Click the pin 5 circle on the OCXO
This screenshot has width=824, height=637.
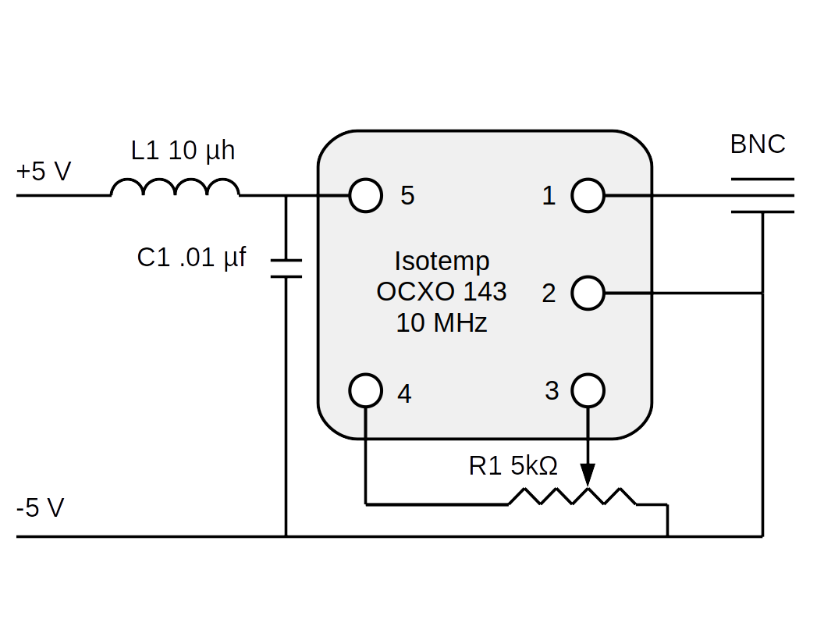pos(365,196)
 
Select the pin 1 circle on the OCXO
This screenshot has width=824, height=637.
pos(588,196)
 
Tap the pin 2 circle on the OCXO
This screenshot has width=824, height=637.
pos(588,294)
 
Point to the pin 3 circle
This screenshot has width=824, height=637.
pos(588,390)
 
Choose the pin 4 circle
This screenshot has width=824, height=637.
pos(365,390)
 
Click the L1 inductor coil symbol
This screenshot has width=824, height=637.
pos(175,188)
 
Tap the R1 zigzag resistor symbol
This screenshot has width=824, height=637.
pos(573,497)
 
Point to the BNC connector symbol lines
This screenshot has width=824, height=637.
pos(762,195)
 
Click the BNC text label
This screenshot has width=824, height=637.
pos(758,144)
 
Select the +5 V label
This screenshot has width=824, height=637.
pos(44,171)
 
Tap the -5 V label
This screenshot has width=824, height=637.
pos(41,508)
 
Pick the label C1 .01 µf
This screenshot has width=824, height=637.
pos(191,257)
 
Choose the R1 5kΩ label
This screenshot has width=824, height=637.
pos(513,466)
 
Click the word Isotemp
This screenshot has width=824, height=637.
pos(442,261)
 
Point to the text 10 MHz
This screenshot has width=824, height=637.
pos(442,322)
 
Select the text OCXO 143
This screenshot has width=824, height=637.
pos(442,292)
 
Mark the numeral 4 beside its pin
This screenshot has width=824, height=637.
pos(403,393)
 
